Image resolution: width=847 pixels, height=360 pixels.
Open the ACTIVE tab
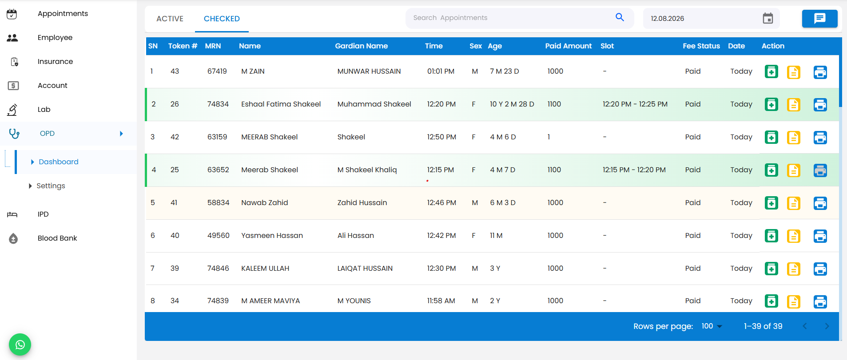(170, 19)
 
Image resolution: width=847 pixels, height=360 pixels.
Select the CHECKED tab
(222, 19)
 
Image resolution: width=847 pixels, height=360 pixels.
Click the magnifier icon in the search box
(620, 17)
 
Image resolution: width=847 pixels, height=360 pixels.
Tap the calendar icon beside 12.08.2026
(767, 18)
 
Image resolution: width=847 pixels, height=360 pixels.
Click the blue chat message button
(819, 18)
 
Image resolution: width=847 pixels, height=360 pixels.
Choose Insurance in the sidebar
(55, 61)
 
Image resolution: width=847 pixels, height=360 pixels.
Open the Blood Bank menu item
(57, 238)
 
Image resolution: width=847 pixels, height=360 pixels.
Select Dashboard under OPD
(59, 162)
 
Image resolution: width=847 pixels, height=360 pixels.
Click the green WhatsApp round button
(20, 344)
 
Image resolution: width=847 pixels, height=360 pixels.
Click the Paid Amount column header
(568, 46)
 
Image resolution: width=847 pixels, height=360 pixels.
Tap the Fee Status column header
(701, 46)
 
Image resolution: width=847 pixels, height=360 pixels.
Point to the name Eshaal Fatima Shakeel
(281, 104)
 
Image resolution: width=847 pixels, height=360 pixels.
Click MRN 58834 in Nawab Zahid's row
(218, 202)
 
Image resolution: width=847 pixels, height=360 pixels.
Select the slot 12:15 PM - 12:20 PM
(634, 170)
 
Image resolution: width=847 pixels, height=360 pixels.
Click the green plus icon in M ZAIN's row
(771, 71)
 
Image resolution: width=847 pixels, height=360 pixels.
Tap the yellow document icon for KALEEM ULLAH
(793, 269)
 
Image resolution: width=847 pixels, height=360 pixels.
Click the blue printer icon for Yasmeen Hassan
(820, 236)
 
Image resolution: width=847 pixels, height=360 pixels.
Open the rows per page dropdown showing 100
(712, 326)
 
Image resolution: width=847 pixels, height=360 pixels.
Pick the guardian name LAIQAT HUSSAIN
(365, 268)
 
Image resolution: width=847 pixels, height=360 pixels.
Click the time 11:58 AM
(441, 301)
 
